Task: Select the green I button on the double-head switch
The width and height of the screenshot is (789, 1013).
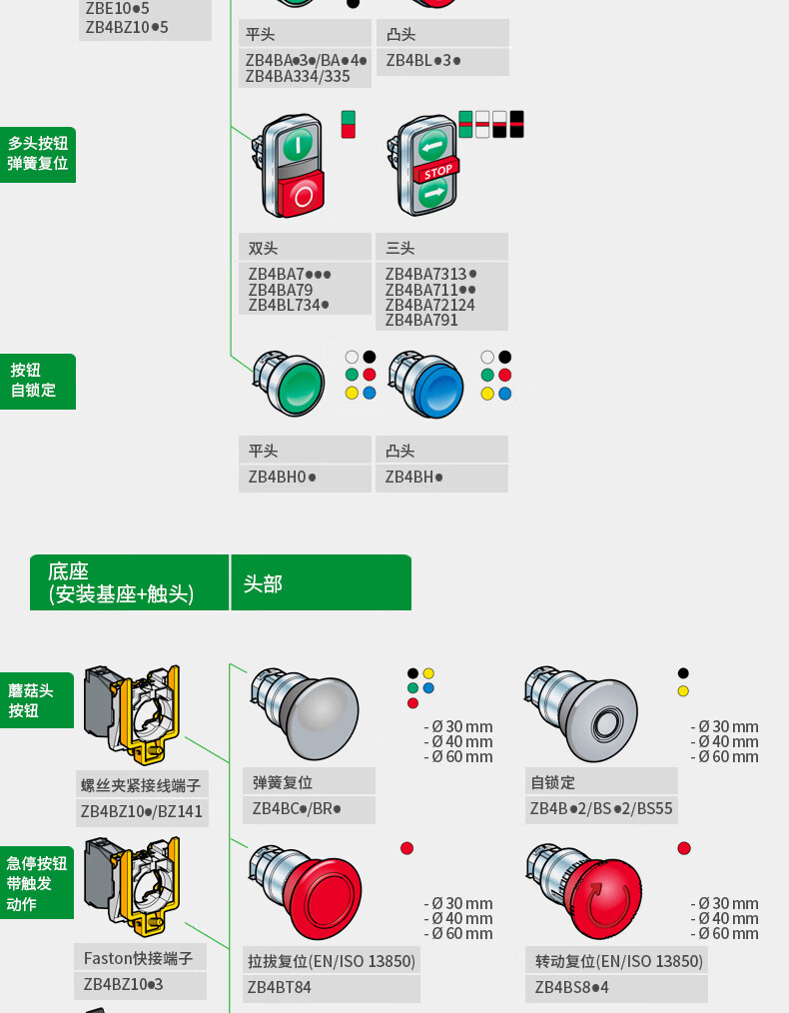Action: [x=297, y=144]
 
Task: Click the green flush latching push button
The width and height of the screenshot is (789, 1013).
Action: [x=290, y=384]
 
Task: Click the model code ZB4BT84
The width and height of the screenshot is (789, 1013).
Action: [x=279, y=987]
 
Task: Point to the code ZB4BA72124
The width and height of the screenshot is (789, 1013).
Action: [x=430, y=305]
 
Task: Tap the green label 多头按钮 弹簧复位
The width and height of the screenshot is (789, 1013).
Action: [x=37, y=154]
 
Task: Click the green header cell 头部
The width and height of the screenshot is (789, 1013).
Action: [x=321, y=582]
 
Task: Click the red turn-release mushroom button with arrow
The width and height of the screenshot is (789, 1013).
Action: [x=585, y=891]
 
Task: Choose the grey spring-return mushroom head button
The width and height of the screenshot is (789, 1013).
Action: [x=305, y=714]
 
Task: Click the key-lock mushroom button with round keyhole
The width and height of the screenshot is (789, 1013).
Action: [x=581, y=713]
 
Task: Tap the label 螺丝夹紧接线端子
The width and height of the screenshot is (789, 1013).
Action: [x=141, y=785]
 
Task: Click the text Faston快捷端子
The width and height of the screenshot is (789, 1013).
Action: [x=138, y=958]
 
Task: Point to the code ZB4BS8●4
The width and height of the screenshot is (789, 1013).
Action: [x=571, y=987]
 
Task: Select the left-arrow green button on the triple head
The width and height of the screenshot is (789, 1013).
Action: [x=431, y=147]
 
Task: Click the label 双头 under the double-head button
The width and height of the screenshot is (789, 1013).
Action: [x=263, y=248]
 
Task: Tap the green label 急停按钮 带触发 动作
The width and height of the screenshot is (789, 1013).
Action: [x=37, y=883]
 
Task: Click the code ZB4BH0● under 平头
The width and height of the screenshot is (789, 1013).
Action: [x=283, y=477]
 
